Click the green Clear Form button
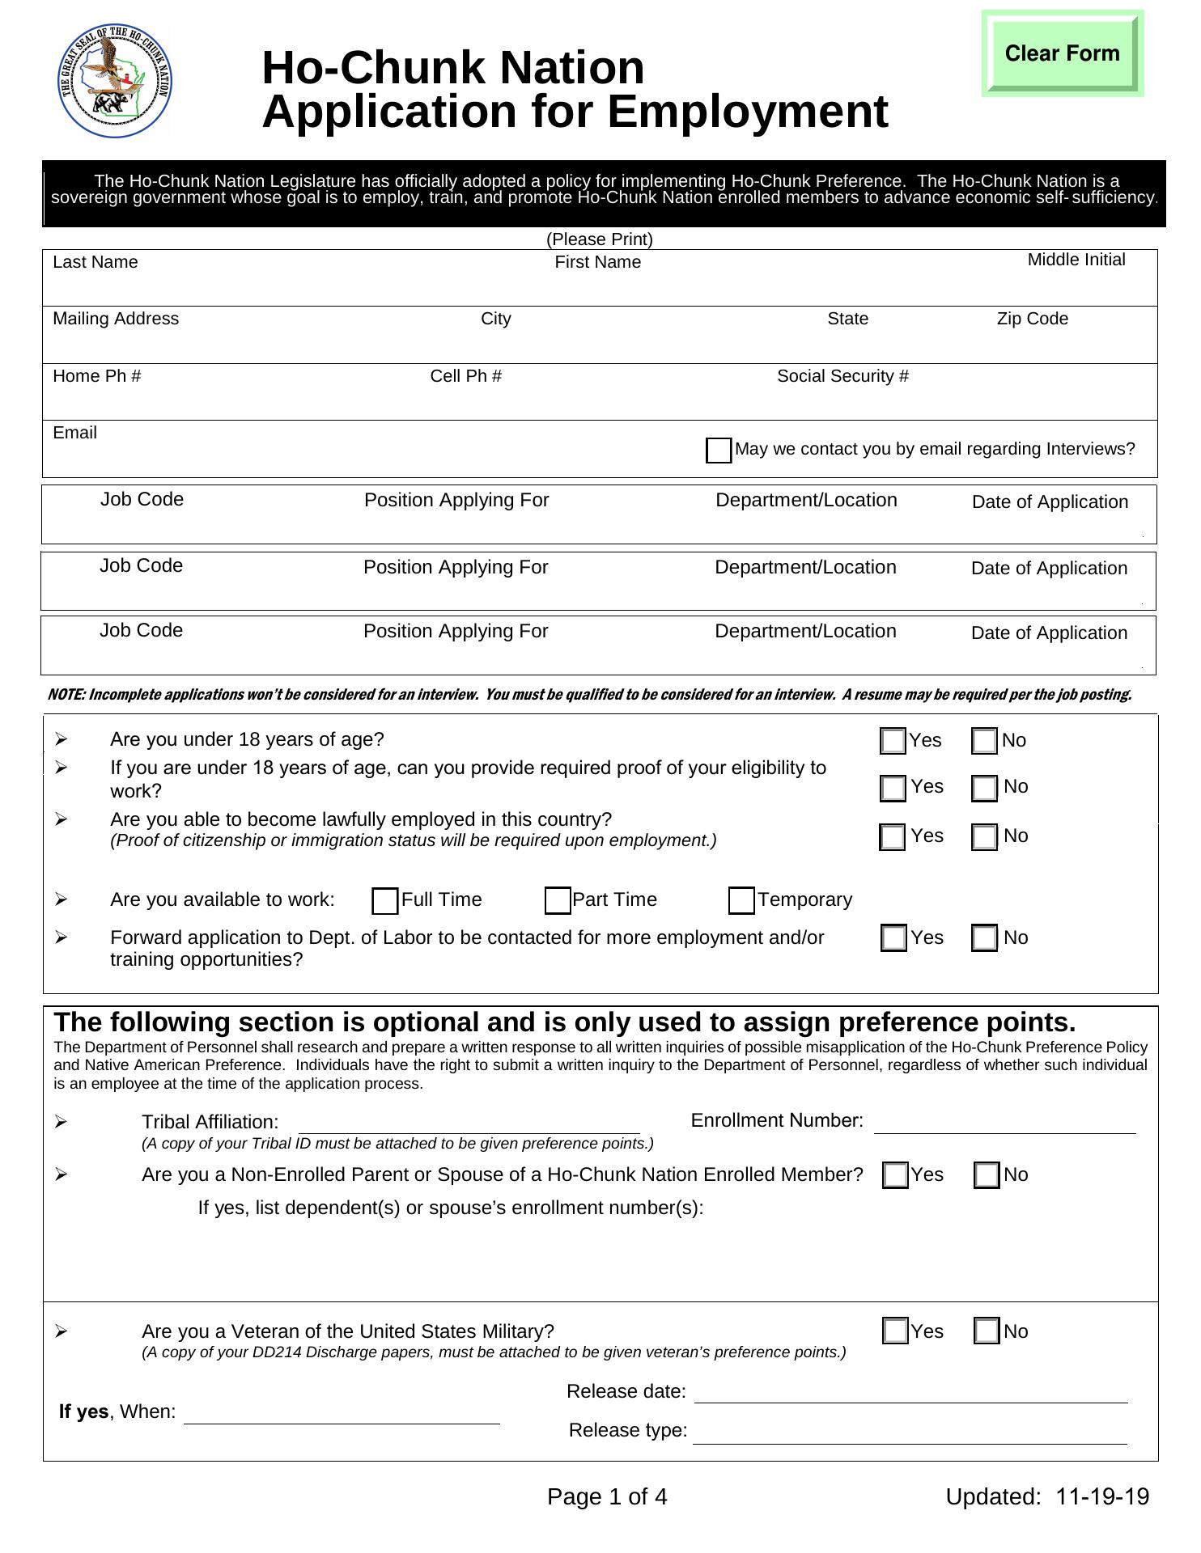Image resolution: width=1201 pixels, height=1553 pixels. [x=1062, y=53]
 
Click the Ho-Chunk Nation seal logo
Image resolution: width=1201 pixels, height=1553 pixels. [x=116, y=80]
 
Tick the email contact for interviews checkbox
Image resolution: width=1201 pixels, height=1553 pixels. [x=719, y=451]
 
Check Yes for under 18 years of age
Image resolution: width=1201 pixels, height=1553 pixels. [x=893, y=741]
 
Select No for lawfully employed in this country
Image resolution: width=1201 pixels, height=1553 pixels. [x=984, y=837]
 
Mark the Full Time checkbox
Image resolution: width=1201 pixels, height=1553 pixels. [x=385, y=901]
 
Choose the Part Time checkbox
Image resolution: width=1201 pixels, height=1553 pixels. [x=558, y=901]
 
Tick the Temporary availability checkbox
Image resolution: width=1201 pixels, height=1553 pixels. [x=741, y=901]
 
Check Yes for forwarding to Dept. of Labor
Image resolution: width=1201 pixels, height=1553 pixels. [x=893, y=938]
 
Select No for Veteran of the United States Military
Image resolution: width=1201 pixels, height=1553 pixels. [x=987, y=1331]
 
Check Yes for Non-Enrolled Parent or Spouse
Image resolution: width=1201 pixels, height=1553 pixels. [x=895, y=1175]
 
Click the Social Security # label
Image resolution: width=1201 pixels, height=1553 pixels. [x=842, y=376]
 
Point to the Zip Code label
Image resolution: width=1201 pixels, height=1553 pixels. [x=1032, y=319]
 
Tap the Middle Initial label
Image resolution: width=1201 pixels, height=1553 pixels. [x=1076, y=260]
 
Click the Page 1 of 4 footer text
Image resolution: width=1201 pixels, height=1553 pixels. [x=607, y=1497]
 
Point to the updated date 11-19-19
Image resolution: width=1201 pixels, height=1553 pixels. [x=1102, y=1497]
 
